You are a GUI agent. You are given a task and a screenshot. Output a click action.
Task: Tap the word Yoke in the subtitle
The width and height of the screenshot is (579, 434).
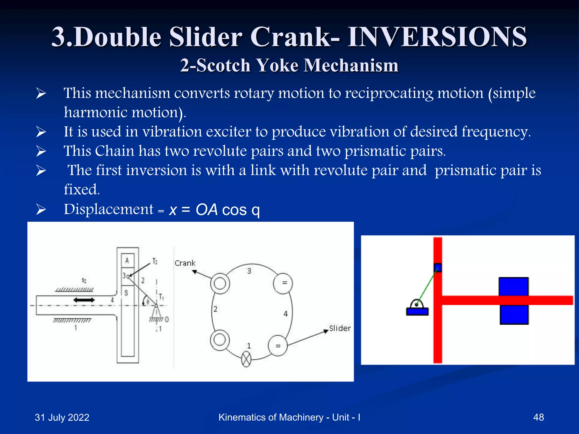278,66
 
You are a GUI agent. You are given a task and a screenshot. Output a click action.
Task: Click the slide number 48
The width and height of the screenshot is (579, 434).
538,417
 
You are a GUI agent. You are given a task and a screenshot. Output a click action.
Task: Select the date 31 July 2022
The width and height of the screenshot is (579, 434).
62,417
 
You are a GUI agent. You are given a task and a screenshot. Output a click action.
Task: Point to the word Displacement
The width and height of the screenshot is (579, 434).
109,209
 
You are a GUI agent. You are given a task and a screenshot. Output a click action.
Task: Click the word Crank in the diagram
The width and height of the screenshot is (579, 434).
185,263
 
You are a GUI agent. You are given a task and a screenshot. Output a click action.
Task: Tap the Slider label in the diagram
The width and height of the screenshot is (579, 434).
340,328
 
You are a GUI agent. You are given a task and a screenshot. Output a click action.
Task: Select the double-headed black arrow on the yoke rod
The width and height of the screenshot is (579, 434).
84,300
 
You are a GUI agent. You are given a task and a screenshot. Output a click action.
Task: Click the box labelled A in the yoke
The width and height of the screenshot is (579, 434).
127,261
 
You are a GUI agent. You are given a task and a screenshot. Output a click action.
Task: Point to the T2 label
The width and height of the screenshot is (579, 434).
155,261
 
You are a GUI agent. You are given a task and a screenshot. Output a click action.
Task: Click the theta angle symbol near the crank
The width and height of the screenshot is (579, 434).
148,302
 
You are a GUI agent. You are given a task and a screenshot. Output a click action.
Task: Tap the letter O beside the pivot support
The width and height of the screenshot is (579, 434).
167,320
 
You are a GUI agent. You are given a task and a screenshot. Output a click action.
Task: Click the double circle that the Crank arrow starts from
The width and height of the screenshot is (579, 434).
220,283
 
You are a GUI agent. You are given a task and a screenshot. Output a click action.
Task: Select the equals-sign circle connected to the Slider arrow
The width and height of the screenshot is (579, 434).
278,346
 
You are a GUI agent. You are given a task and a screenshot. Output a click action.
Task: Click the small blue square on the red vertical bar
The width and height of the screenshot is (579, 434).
438,268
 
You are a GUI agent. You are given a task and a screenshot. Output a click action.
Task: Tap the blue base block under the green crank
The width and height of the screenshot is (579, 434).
417,311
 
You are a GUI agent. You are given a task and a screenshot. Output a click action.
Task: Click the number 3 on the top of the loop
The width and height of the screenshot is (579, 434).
249,271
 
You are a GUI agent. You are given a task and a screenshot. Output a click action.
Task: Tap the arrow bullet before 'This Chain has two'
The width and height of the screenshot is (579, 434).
41,151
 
